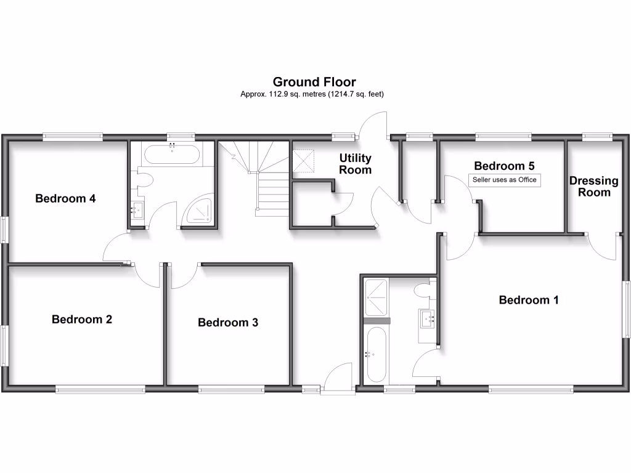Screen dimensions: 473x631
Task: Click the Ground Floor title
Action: tap(314, 82)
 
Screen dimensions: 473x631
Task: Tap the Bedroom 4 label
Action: tap(65, 198)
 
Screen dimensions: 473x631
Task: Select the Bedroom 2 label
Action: tap(82, 319)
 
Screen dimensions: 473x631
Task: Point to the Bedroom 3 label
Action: tap(228, 322)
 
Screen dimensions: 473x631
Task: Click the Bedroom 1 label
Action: tap(529, 300)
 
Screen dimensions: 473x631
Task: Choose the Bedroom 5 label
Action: tap(504, 166)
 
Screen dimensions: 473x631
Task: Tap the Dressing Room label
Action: tap(593, 186)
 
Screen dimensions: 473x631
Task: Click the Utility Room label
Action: tap(356, 164)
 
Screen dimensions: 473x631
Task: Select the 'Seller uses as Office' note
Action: tap(505, 180)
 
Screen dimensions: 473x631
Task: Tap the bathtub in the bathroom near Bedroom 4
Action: tap(171, 155)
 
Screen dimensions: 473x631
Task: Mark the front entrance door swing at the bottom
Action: tap(338, 376)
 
